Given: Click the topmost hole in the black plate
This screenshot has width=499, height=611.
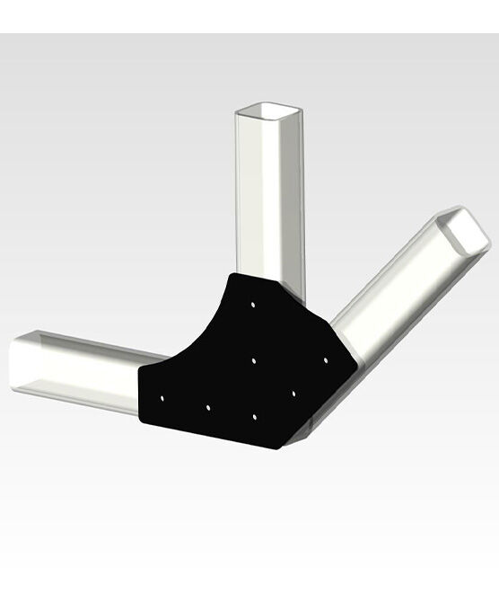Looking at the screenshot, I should [254, 305].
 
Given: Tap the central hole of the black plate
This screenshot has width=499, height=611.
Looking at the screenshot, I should [254, 360].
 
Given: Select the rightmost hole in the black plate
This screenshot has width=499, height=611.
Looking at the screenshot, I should [326, 359].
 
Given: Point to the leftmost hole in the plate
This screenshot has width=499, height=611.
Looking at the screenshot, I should [162, 396].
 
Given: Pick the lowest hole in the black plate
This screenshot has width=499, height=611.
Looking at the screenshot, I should [255, 418].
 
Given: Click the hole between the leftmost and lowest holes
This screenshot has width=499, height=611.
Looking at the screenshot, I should [207, 407].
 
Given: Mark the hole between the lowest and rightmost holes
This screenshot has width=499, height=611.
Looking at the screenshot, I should [293, 394].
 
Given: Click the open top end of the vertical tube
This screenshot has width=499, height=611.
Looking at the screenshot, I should [270, 112].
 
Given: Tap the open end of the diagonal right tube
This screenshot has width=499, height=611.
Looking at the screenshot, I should [466, 230].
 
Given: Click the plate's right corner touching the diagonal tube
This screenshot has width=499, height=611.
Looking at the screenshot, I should [359, 363].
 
